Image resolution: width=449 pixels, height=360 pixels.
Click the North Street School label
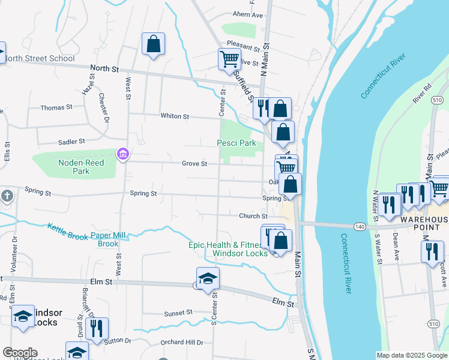[40, 59]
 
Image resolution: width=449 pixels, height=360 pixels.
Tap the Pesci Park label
[237, 143]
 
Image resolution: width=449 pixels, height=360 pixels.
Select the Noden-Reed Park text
[81, 167]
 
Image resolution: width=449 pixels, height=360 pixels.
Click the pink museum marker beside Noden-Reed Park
[123, 155]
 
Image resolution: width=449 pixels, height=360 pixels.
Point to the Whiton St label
[175, 116]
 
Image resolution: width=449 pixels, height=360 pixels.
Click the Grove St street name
[195, 163]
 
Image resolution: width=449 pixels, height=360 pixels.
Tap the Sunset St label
[178, 313]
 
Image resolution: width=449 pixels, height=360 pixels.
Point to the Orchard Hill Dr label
[182, 342]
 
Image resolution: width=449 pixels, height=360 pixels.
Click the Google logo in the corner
[19, 353]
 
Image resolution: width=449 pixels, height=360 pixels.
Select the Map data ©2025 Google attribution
[411, 355]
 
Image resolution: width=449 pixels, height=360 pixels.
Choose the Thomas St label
[56, 107]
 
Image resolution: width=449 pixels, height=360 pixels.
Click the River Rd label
[423, 97]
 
